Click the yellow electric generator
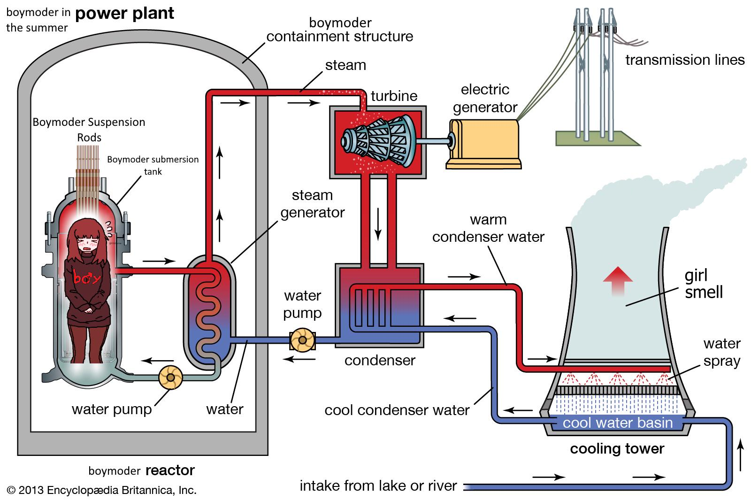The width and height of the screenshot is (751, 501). coord(484,144)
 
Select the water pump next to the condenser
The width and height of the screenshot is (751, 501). coord(302,340)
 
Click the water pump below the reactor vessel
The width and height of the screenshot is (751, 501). coord(171,378)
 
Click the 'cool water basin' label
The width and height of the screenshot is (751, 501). coord(618,423)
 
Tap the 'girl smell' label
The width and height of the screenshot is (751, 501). coord(704,284)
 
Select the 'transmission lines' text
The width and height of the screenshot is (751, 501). coord(685,60)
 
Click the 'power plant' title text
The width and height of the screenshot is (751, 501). coord(124,14)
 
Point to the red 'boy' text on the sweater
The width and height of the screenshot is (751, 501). coord(87,277)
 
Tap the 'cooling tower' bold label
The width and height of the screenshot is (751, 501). coord(617,449)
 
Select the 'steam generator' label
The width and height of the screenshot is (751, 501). coord(313,204)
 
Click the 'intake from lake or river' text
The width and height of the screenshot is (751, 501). coord(378,486)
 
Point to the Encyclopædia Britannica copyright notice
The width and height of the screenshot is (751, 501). coord(101,490)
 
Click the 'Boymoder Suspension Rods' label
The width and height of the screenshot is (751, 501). coord(89,130)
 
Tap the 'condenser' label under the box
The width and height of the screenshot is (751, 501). coord(380,361)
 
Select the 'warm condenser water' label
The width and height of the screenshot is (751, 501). coord(488,228)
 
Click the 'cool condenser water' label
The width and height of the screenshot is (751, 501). coord(397,410)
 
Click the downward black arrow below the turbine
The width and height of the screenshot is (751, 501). coord(378,224)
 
